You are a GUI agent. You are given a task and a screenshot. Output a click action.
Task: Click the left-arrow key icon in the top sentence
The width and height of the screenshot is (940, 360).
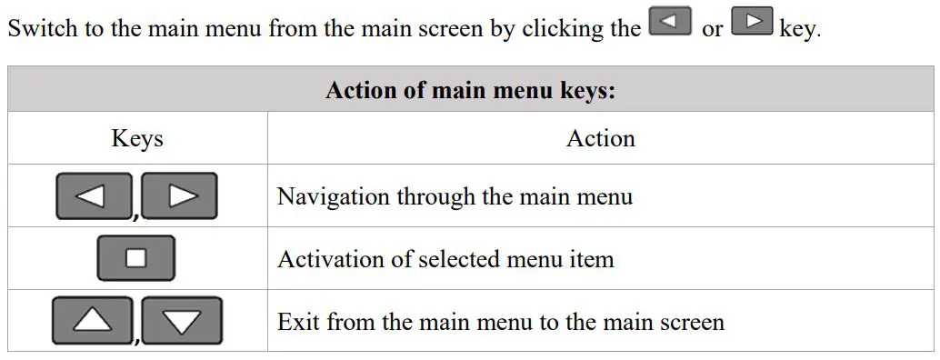click(671, 22)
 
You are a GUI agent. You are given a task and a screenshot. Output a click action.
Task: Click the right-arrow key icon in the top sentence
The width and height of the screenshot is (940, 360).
click(752, 22)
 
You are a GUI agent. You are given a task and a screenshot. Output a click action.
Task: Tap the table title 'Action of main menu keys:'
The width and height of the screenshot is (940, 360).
click(471, 92)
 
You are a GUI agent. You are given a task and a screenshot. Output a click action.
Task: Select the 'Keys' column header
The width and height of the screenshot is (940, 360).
click(137, 138)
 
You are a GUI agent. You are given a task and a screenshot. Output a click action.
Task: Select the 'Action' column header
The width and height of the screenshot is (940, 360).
click(600, 138)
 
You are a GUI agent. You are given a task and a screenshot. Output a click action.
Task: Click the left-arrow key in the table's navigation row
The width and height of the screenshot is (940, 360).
click(94, 195)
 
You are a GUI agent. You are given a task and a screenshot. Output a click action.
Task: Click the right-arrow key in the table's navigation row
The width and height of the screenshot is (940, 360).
click(180, 195)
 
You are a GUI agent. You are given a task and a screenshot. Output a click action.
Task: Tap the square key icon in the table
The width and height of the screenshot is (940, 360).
click(136, 258)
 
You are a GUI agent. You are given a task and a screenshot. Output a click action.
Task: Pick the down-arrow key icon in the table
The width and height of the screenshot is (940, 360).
click(182, 320)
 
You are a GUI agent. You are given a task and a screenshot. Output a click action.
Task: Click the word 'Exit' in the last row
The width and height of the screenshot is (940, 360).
click(297, 322)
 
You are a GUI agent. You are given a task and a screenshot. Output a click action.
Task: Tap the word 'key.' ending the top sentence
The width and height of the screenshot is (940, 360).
click(800, 29)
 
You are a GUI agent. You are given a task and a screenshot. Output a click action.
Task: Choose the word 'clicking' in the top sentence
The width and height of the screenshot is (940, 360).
click(553, 28)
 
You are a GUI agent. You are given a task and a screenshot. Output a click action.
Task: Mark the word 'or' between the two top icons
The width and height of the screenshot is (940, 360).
click(712, 29)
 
